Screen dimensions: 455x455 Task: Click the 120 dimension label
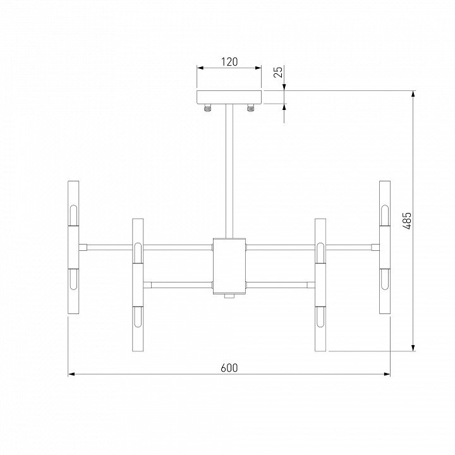(229, 61)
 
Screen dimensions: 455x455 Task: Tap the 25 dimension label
(278, 72)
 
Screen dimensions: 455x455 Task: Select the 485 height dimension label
(408, 221)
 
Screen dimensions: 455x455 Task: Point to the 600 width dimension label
(229, 368)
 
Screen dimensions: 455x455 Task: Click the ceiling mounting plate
(229, 97)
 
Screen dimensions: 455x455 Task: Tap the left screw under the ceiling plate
(207, 108)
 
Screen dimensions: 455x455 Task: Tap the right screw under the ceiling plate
(250, 108)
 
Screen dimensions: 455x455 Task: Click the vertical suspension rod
(229, 171)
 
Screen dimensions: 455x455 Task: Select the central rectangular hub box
(229, 266)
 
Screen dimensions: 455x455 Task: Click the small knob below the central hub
(229, 296)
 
